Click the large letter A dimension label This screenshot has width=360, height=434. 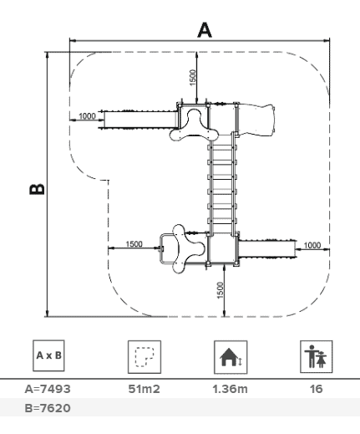pyautogui.click(x=205, y=30)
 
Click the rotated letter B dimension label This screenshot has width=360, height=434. pyautogui.click(x=37, y=189)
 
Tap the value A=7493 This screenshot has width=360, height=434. pyautogui.click(x=48, y=389)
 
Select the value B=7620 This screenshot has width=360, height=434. pyautogui.click(x=48, y=408)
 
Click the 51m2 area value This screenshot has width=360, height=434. pyautogui.click(x=145, y=389)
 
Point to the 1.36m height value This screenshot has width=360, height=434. pyautogui.click(x=230, y=389)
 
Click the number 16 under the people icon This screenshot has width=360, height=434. pyautogui.click(x=317, y=389)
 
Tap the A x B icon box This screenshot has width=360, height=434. pyautogui.click(x=48, y=355)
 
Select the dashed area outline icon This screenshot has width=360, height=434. pyautogui.click(x=145, y=357)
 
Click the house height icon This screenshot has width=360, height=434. pyautogui.click(x=231, y=357)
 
